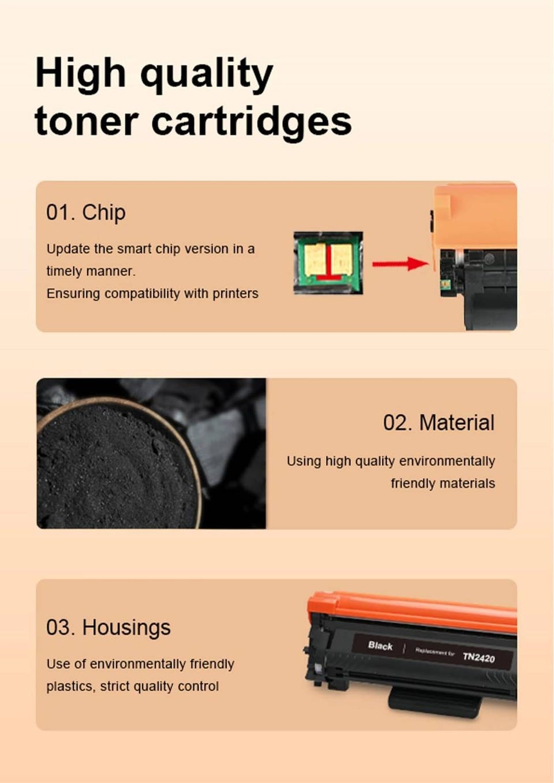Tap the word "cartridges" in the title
point(251,123)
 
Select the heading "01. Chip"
point(86,212)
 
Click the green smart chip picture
point(328,263)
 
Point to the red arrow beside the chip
point(400,264)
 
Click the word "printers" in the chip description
point(235,294)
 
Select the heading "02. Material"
point(439,422)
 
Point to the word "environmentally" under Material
point(447,462)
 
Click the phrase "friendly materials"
point(443,484)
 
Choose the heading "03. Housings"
point(108,627)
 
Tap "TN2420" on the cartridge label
point(479,657)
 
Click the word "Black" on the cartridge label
point(380,646)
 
